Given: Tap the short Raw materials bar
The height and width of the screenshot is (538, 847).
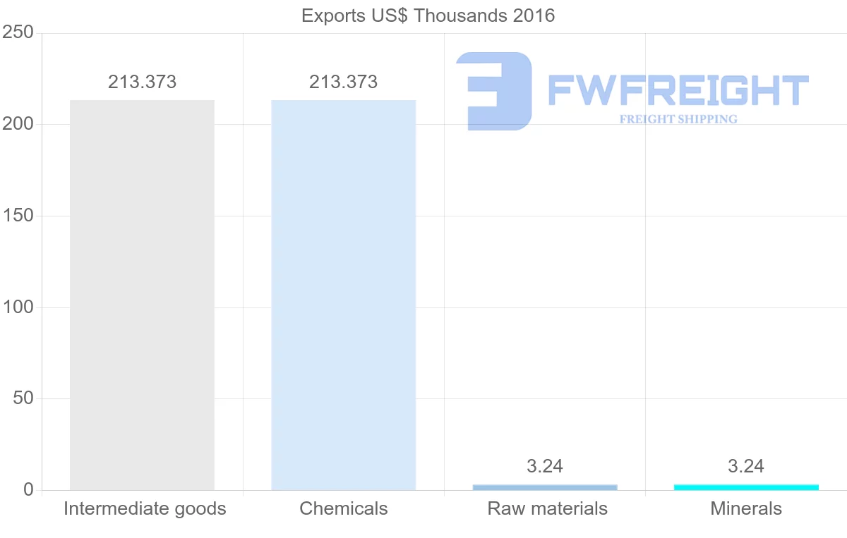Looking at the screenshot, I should [544, 487].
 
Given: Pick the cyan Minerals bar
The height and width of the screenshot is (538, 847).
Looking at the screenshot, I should [746, 487].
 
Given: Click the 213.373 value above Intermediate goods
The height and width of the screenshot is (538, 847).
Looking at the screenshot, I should [142, 82].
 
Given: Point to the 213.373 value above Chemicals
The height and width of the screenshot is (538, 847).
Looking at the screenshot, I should [343, 82].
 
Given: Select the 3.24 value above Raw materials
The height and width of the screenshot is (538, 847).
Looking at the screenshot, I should [544, 467].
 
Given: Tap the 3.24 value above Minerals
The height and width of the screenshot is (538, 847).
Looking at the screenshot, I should [746, 467].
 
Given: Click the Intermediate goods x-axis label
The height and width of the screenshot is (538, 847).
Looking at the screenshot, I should [145, 509].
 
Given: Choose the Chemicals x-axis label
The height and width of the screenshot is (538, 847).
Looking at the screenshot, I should [344, 509].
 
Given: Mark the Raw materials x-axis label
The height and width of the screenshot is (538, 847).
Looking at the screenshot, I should [547, 509].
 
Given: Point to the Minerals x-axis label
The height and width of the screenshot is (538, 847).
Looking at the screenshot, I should [746, 509].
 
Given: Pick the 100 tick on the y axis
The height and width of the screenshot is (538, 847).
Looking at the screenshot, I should [18, 307].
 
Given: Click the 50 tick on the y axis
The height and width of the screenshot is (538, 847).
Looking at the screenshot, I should [23, 399].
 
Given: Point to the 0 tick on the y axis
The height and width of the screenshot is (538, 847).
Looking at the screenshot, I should [29, 490].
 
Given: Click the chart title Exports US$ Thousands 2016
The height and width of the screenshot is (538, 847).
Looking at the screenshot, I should [428, 16].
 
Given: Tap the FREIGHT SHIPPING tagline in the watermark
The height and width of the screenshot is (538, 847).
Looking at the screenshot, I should [678, 119].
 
